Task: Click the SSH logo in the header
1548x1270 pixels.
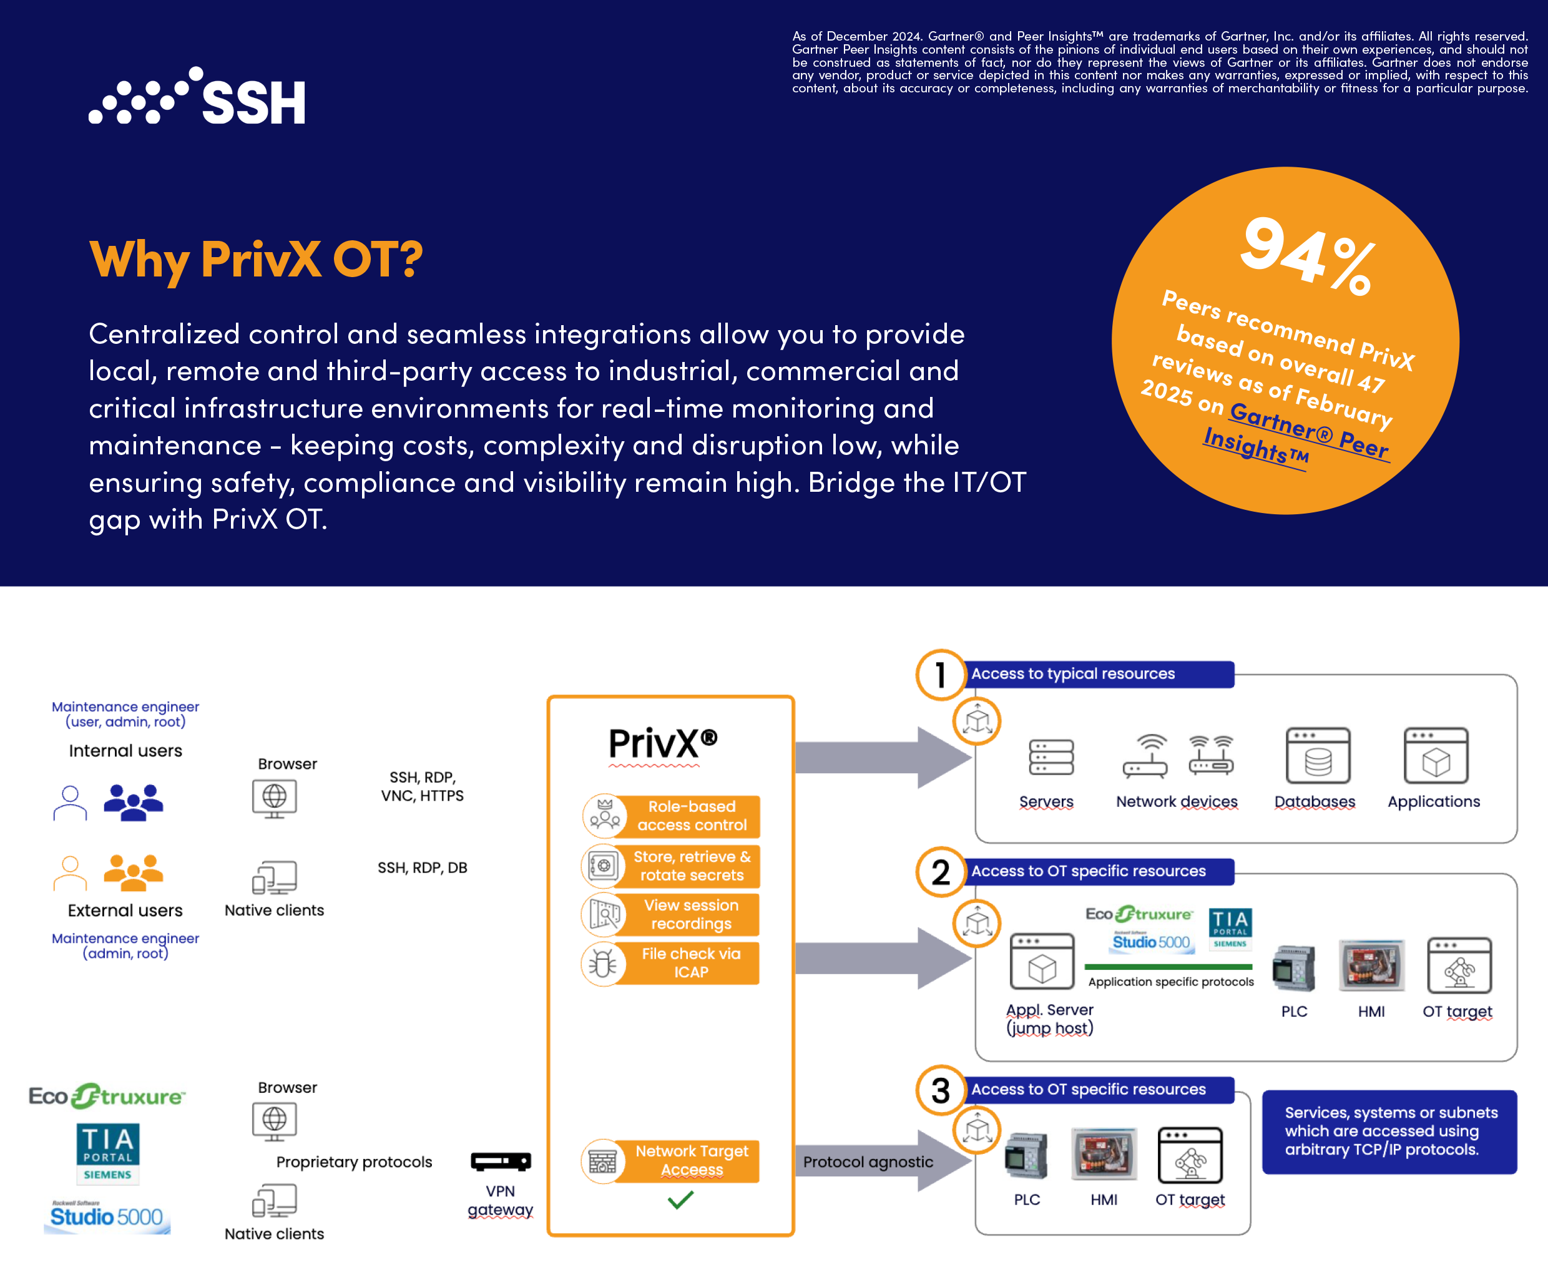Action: pyautogui.click(x=197, y=97)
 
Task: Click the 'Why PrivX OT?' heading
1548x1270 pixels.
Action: pyautogui.click(x=256, y=259)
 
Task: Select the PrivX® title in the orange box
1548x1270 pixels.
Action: pyautogui.click(x=663, y=743)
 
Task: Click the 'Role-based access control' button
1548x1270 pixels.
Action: pyautogui.click(x=688, y=816)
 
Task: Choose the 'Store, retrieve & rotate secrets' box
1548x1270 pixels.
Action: pyautogui.click(x=688, y=866)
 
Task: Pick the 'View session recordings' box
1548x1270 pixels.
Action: pyautogui.click(x=688, y=914)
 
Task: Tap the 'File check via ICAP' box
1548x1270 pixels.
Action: pyautogui.click(x=688, y=963)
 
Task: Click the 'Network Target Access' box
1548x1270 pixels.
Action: pyautogui.click(x=688, y=1160)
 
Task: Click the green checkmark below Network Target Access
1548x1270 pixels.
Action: pyautogui.click(x=680, y=1199)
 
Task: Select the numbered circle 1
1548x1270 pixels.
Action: pyautogui.click(x=941, y=675)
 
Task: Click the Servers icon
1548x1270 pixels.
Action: pyautogui.click(x=1051, y=757)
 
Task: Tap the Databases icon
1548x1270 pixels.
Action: pyautogui.click(x=1318, y=756)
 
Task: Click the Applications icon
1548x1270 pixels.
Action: pyautogui.click(x=1436, y=756)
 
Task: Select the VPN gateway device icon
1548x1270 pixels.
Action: pyautogui.click(x=501, y=1161)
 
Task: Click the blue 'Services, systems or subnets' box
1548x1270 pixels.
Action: pyautogui.click(x=1389, y=1131)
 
